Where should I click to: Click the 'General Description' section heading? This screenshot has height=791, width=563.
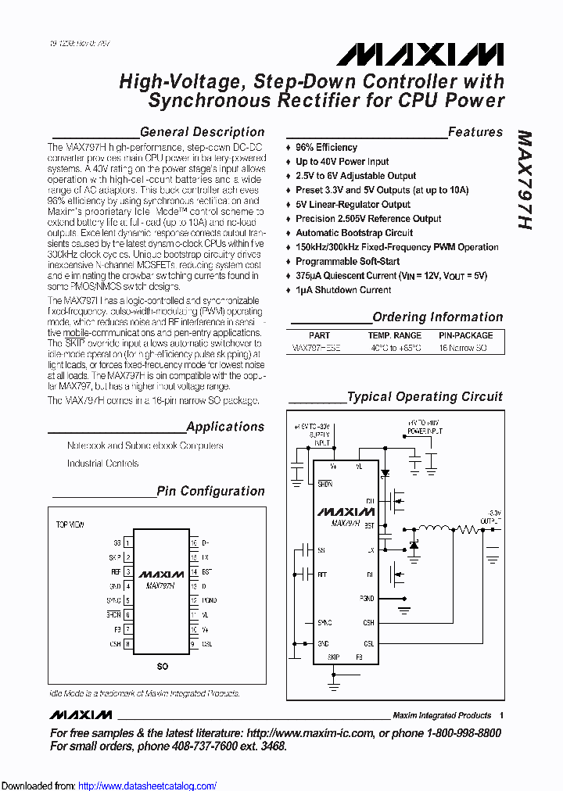[202, 132]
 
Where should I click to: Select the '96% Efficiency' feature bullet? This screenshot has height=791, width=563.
[326, 147]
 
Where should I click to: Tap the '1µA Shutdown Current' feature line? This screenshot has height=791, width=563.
[343, 290]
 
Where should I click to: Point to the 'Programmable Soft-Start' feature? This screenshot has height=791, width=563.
[347, 261]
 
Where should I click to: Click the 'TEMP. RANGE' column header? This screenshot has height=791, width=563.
[394, 335]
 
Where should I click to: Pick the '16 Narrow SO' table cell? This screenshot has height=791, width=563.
[463, 348]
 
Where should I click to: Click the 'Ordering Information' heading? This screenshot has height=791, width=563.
[437, 317]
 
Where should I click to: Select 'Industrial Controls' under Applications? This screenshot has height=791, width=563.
[102, 464]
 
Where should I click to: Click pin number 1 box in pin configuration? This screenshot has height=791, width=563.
[127, 542]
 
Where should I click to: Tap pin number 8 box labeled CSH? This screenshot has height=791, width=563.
[127, 644]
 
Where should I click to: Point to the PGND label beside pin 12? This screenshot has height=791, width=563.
[210, 600]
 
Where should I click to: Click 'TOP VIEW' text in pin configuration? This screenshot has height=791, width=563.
[70, 524]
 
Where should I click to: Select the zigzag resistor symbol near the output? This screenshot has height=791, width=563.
[470, 529]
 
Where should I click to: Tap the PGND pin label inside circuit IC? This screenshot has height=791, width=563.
[367, 598]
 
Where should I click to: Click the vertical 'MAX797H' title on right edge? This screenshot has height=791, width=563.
[525, 179]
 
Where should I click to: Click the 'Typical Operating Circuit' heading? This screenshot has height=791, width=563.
[425, 396]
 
